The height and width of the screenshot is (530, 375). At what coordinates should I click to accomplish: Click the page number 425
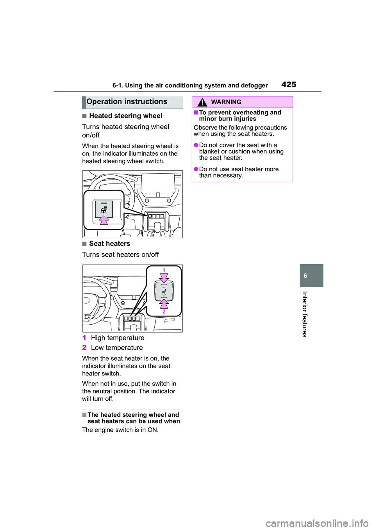[289, 84]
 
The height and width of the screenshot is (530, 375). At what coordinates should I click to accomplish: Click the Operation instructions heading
[127, 102]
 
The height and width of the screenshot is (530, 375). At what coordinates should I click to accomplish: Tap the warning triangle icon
[202, 102]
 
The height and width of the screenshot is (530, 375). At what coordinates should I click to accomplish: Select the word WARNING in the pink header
[226, 102]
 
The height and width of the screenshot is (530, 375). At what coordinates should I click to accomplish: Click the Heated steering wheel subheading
[125, 116]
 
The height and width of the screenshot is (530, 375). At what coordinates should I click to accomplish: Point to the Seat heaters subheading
[109, 244]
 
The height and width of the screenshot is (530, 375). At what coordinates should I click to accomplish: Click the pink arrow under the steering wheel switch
[104, 220]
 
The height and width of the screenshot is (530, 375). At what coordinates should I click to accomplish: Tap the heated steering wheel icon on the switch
[104, 210]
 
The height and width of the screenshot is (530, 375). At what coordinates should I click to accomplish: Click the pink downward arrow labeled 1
[164, 277]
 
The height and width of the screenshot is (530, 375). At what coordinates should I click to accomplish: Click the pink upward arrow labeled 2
[164, 303]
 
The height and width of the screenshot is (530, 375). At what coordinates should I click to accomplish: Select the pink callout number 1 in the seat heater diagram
[164, 270]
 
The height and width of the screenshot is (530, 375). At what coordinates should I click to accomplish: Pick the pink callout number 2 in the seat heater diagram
[164, 311]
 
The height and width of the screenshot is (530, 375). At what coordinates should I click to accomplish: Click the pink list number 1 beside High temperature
[84, 338]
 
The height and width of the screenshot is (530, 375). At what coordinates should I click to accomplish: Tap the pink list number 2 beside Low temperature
[84, 348]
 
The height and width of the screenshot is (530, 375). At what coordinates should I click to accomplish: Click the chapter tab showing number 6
[311, 276]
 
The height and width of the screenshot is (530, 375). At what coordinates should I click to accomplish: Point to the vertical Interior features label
[305, 314]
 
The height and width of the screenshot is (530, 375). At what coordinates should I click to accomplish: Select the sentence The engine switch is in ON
[120, 430]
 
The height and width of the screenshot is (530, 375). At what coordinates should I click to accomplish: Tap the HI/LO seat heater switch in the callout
[164, 291]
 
